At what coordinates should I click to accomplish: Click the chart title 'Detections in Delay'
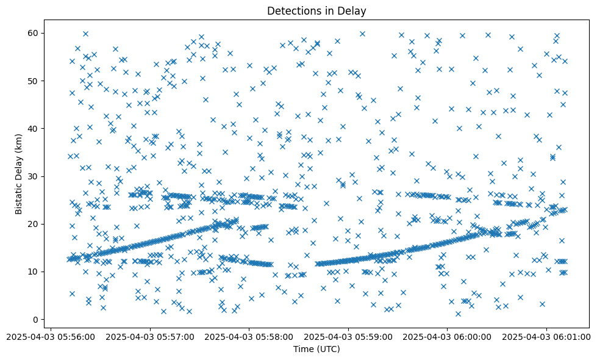point(316,10)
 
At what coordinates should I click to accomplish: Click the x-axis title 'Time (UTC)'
point(316,349)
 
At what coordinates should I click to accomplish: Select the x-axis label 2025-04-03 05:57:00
point(150,336)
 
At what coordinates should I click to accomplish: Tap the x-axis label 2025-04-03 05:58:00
point(249,336)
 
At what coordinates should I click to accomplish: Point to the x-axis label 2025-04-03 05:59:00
point(348,336)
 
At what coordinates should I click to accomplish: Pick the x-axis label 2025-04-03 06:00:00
point(447,336)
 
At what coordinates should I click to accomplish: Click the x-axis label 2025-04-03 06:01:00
point(546,336)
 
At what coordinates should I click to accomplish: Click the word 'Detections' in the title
point(290,10)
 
